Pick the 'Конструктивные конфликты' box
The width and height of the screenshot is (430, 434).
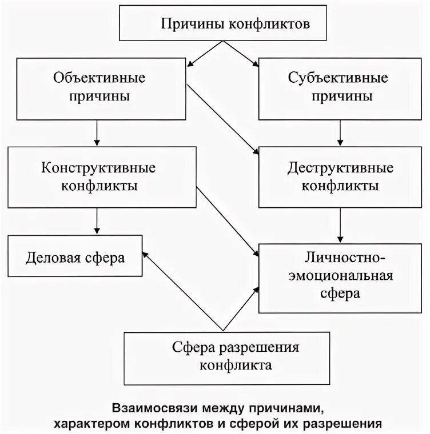pos(98,177)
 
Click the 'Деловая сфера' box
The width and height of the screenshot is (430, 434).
pos(75,258)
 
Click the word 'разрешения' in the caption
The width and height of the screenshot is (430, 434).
pos(349,424)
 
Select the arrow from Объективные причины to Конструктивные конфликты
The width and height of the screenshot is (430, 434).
pos(98,132)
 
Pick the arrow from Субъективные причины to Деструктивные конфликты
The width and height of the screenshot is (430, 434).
pos(341,132)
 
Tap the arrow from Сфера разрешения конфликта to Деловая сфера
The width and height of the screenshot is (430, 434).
pos(182,291)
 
